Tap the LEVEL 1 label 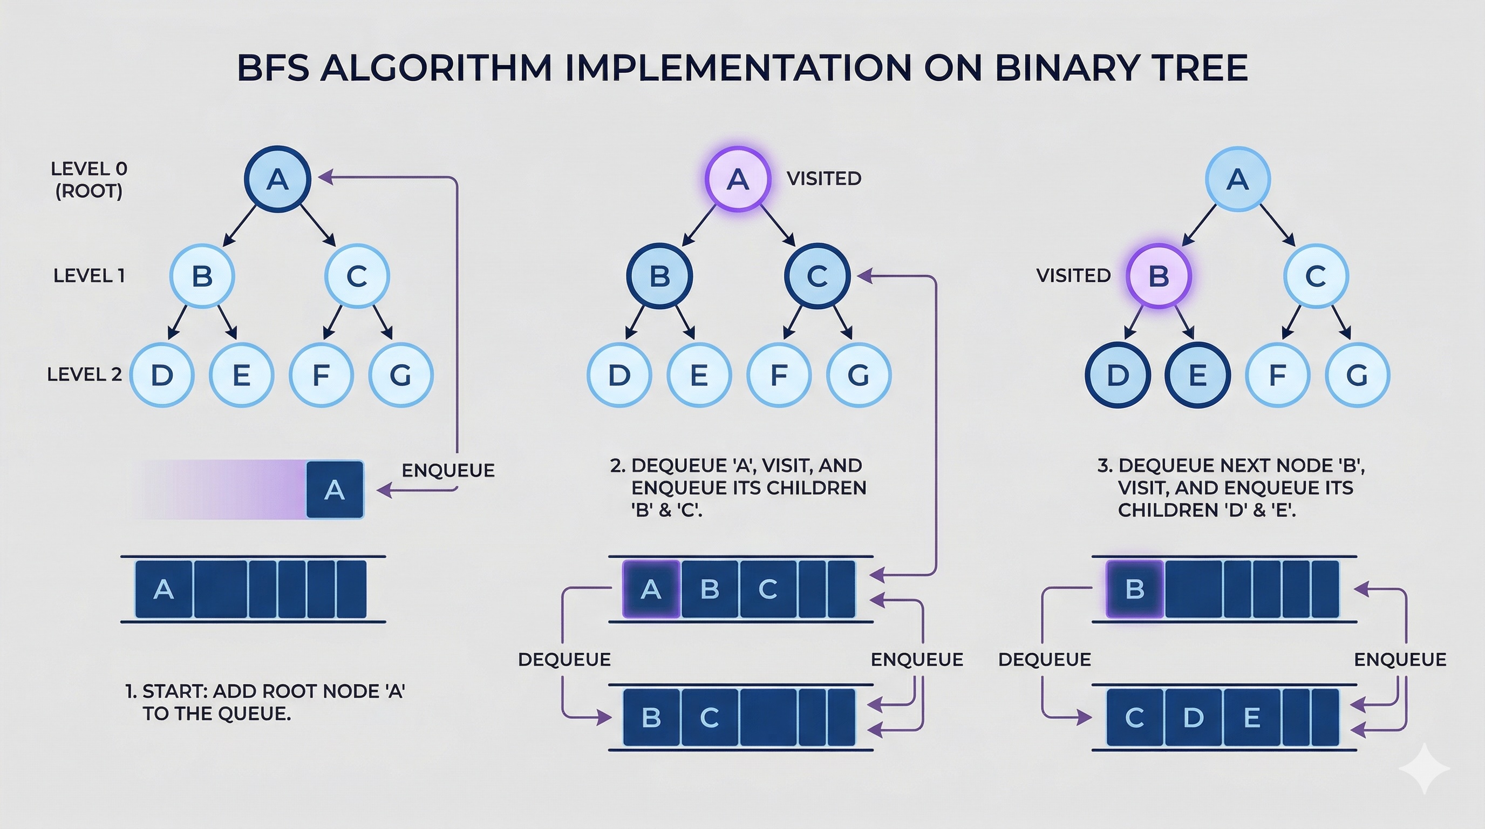pyautogui.click(x=89, y=276)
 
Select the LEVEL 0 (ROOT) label pyautogui.click(x=89, y=179)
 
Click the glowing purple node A pyautogui.click(x=738, y=179)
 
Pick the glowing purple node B pyautogui.click(x=1159, y=276)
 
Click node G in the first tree pyautogui.click(x=400, y=375)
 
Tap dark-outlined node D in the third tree pyautogui.click(x=1118, y=375)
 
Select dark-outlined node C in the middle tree pyautogui.click(x=817, y=276)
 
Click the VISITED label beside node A pyautogui.click(x=824, y=179)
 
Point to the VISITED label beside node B pyautogui.click(x=1073, y=276)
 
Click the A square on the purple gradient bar pyautogui.click(x=335, y=490)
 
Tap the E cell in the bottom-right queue pyautogui.click(x=1251, y=718)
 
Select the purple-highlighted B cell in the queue pyautogui.click(x=1134, y=589)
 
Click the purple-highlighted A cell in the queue pyautogui.click(x=651, y=589)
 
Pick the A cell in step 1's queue pyautogui.click(x=164, y=589)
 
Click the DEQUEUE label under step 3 pyautogui.click(x=1044, y=660)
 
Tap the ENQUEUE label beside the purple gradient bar pyautogui.click(x=448, y=471)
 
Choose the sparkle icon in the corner pyautogui.click(x=1424, y=769)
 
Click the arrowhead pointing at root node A pyautogui.click(x=324, y=177)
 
